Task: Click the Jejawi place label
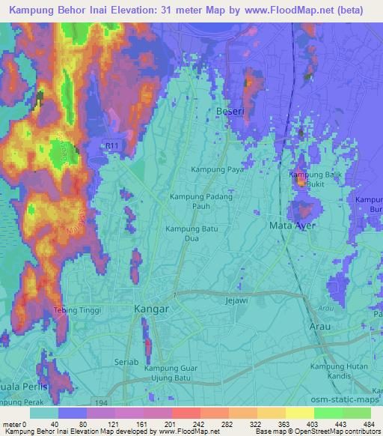pos(236,300)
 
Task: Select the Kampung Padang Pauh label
pos(201,201)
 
